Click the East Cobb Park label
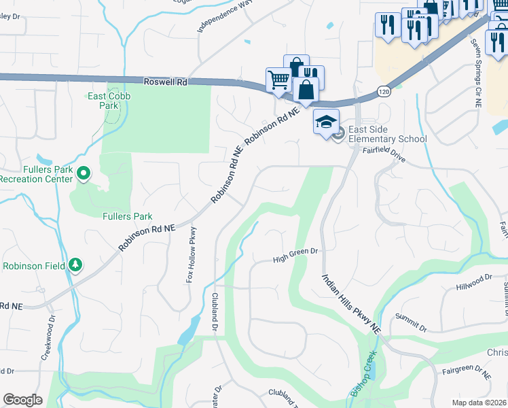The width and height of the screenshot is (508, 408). click(109, 101)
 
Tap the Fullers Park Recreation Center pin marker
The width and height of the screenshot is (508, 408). click(84, 174)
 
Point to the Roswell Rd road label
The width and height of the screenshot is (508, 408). click(165, 81)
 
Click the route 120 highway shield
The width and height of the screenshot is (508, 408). click(384, 91)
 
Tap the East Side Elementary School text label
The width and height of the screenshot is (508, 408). click(387, 135)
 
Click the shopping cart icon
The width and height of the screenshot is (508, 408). click(278, 80)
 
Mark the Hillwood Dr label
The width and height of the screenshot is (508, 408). click(474, 279)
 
